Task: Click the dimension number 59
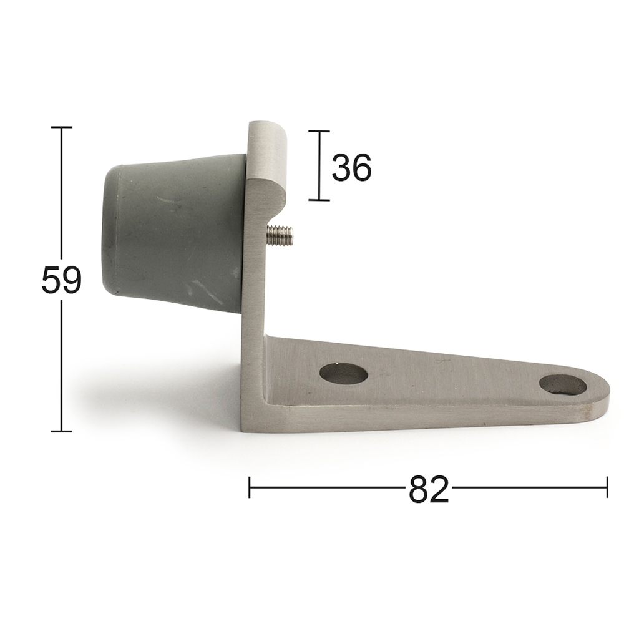click(61, 280)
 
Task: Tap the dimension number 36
click(351, 168)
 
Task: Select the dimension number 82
click(429, 490)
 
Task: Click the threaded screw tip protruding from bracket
click(280, 235)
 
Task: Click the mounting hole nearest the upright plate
click(343, 373)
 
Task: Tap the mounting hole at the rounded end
click(562, 385)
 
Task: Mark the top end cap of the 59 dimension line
click(61, 127)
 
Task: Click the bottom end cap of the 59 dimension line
click(61, 431)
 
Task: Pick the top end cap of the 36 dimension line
click(319, 131)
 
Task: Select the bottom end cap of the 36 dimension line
click(319, 200)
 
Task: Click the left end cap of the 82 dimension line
click(250, 487)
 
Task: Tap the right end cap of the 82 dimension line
click(607, 487)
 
